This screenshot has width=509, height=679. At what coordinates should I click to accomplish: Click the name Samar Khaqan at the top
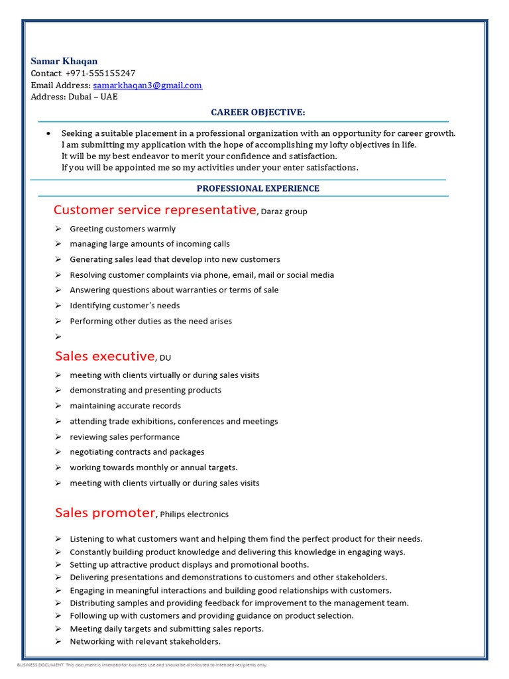(64, 61)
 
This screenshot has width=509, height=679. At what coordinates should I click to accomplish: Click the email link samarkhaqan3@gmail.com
(147, 86)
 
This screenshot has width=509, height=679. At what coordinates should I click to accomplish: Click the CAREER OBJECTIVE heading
(258, 113)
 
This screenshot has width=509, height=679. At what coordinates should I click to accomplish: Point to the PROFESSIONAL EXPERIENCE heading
(258, 188)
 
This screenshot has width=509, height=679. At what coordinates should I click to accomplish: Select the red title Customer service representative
(154, 210)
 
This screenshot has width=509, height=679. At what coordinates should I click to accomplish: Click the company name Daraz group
(284, 212)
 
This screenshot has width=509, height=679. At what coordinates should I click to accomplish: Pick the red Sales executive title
(105, 357)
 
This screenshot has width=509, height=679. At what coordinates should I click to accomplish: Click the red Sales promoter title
(105, 513)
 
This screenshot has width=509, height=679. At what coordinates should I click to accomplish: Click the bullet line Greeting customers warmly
(123, 229)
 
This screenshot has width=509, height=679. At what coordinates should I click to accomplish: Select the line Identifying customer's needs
(125, 306)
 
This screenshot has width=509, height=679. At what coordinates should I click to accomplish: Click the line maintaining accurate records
(125, 406)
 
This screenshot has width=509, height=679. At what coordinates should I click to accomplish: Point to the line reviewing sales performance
(125, 437)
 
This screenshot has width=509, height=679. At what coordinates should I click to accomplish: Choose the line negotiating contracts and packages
(137, 452)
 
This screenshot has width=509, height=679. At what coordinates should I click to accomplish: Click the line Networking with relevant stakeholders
(145, 642)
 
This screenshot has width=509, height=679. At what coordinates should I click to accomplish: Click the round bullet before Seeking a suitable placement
(48, 133)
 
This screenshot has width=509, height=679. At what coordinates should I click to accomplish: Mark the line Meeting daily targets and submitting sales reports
(166, 629)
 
